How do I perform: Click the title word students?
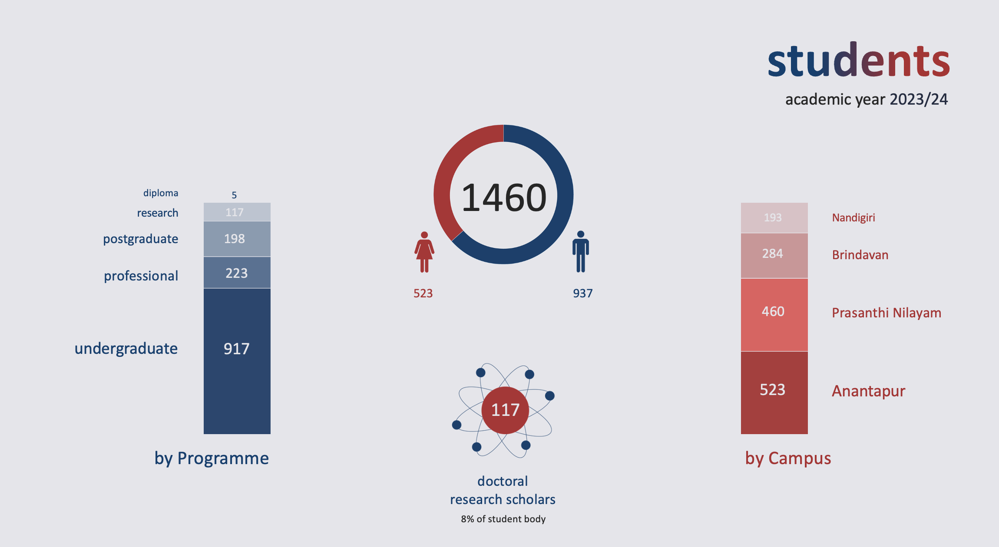[858, 60]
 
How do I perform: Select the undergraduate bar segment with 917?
[237, 361]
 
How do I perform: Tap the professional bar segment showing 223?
[237, 273]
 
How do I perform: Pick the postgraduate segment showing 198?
[237, 239]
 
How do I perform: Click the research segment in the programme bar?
[237, 212]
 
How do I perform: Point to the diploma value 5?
[234, 195]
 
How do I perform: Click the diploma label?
[161, 193]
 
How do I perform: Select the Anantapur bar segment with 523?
[774, 392]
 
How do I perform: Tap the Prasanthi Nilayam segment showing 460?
[774, 315]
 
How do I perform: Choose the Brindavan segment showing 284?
[774, 256]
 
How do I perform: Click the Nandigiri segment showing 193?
[774, 218]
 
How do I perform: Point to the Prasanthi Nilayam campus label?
[887, 313]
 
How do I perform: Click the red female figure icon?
[424, 252]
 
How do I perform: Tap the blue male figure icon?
[581, 251]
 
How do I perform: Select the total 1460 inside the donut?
[504, 198]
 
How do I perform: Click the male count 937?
[583, 293]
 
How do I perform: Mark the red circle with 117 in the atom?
[505, 410]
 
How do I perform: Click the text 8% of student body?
[503, 519]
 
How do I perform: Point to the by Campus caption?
[788, 458]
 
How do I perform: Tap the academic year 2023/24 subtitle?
[867, 99]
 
